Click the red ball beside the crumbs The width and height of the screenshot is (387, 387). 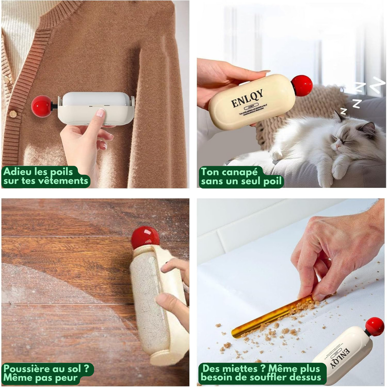click(x=375, y=327)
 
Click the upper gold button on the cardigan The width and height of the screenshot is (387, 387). click(x=6, y=79)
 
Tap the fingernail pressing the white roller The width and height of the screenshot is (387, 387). click(x=101, y=112)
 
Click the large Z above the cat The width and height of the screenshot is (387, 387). click(x=378, y=84)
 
